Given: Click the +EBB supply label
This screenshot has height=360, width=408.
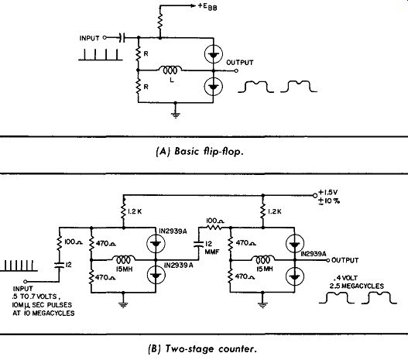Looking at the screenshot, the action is click(207, 6).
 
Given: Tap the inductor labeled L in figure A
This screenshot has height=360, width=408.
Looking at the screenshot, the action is click(170, 70).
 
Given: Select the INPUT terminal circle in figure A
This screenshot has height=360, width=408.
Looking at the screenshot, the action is click(105, 38).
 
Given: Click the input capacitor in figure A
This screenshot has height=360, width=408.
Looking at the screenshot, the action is click(122, 38).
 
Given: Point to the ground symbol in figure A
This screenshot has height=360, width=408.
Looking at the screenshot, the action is click(176, 115).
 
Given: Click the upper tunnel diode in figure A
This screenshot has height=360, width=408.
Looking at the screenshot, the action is click(214, 54).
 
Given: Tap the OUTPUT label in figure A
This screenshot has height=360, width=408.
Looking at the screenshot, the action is click(240, 63).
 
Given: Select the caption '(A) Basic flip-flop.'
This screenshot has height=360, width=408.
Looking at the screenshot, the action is click(200, 152).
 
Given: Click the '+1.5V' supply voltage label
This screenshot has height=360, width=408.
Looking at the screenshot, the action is click(328, 193).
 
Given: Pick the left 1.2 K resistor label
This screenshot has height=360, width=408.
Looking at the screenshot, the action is click(135, 211).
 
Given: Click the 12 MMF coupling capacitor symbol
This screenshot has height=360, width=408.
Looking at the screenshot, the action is click(199, 244).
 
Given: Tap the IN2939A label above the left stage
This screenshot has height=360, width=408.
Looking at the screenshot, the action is click(173, 231).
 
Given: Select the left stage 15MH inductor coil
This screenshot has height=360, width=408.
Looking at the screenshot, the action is click(123, 259).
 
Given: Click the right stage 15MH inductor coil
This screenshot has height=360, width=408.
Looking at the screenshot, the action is click(262, 259).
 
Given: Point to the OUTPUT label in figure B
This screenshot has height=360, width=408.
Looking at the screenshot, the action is click(345, 260).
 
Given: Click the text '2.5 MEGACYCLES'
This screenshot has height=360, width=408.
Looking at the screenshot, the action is click(357, 286).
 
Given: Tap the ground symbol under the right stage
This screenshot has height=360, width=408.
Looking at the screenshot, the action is click(262, 304).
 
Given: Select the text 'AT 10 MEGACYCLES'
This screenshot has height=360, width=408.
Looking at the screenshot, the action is click(43, 314).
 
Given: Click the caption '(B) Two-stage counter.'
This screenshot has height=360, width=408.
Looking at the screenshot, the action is click(202, 349).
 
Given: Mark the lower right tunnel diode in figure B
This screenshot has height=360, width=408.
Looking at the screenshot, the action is click(294, 276).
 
